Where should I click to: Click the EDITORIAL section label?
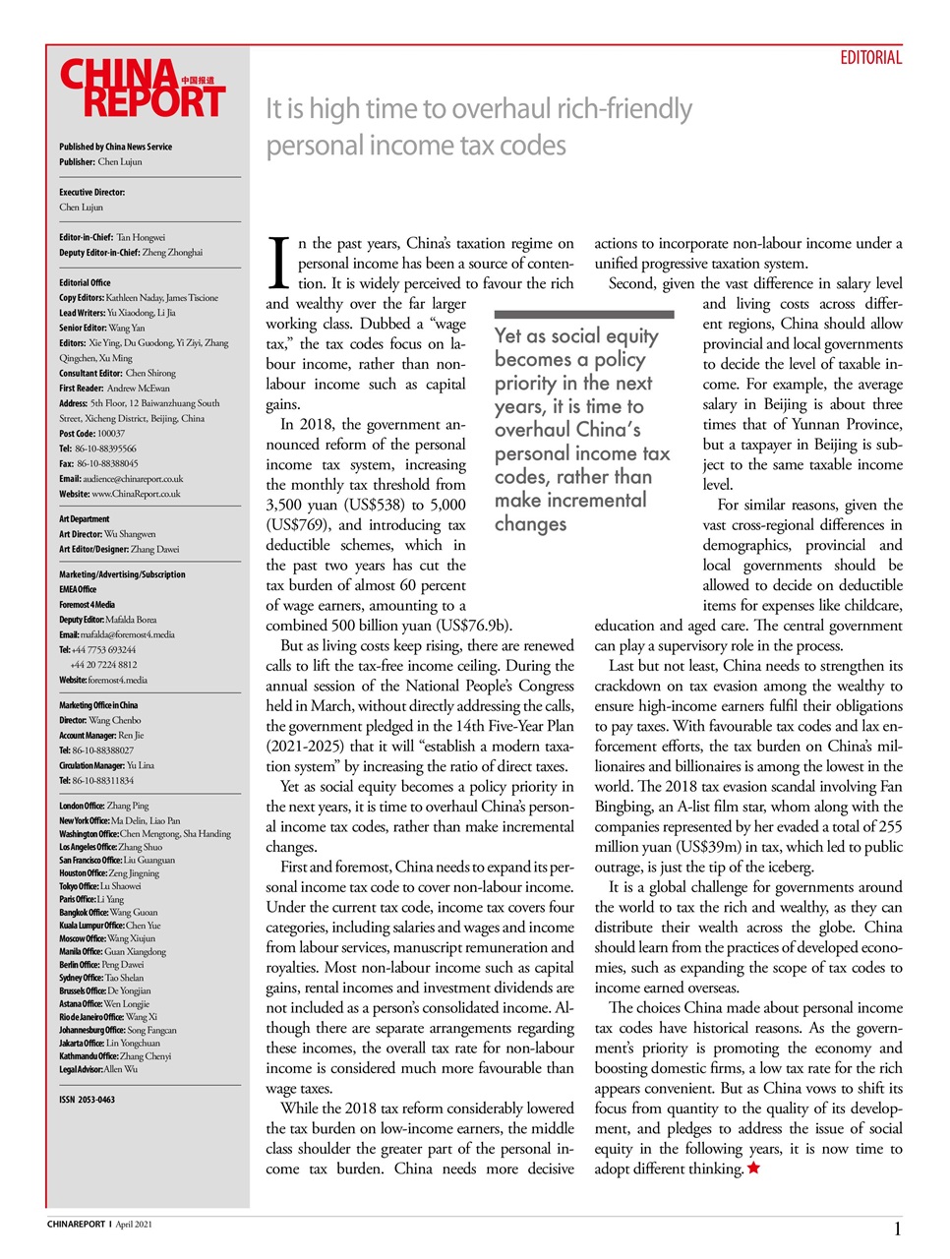coord(870,58)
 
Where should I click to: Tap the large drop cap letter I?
coord(279,262)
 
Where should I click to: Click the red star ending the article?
coord(753,1169)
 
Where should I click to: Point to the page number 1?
coord(897,1229)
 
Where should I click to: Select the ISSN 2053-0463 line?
coord(87,1100)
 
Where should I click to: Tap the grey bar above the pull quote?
coord(584,315)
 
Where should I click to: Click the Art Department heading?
coord(85,518)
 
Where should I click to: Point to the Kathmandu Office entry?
coord(115,1056)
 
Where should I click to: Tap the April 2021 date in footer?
coord(134,1225)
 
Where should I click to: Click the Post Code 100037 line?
coord(91,433)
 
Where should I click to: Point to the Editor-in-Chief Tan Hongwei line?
coord(112,237)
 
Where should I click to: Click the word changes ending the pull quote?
coord(530,524)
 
